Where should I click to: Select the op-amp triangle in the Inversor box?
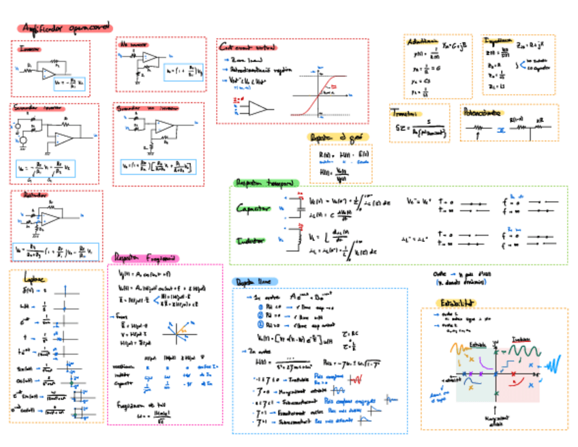click(49, 72)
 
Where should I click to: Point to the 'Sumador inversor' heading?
click(37, 108)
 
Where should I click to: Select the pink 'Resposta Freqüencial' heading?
click(146, 258)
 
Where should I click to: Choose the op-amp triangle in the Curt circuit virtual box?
click(258, 108)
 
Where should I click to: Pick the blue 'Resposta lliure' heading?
click(255, 281)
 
